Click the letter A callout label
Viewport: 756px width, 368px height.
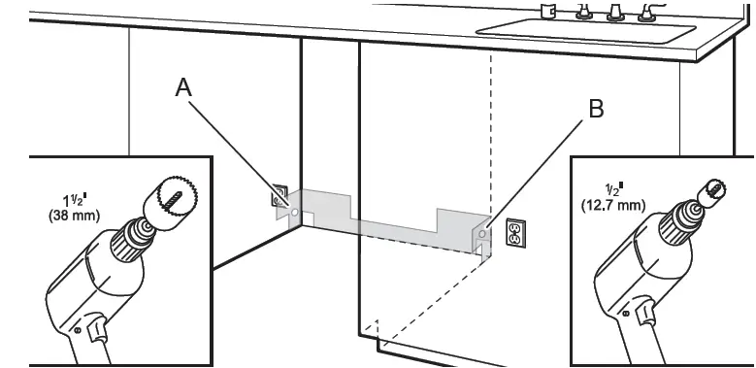tap(183, 87)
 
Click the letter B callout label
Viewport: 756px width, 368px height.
tap(597, 109)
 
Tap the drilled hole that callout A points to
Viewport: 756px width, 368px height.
tap(294, 212)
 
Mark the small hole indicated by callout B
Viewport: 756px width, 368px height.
tap(482, 234)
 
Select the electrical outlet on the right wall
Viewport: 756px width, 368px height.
tap(515, 233)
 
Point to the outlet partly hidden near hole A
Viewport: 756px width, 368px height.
tap(279, 195)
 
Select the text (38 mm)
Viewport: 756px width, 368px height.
tap(75, 216)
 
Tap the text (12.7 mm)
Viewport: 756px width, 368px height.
tap(612, 205)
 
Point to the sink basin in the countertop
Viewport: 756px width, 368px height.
tap(585, 30)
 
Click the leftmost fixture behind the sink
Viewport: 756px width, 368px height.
tap(547, 11)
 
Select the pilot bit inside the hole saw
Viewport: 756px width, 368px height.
tap(174, 200)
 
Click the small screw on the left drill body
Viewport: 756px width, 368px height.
tap(78, 330)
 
